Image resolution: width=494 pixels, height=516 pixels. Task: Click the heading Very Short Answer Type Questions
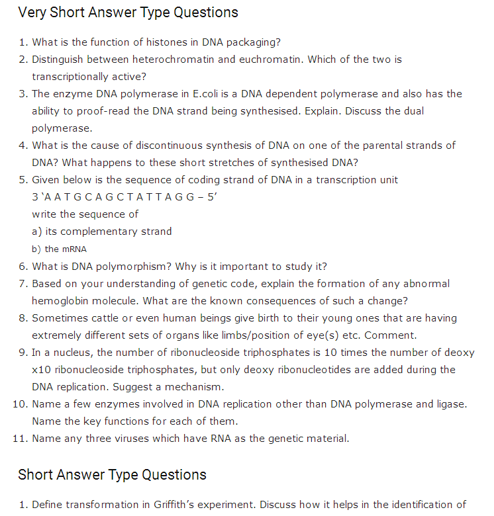pos(128,13)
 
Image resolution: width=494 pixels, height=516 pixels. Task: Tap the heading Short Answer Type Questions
pos(112,474)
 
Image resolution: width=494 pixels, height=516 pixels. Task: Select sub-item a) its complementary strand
pos(102,232)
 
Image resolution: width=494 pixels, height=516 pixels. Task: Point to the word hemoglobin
pos(62,301)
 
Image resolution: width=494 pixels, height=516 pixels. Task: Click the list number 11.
pos(19,439)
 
